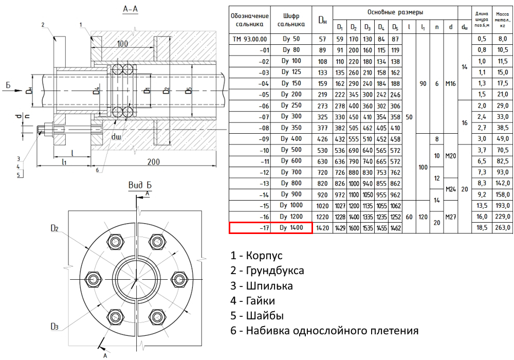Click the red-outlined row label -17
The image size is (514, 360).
tap(250, 227)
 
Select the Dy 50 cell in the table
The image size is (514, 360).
tap(291, 39)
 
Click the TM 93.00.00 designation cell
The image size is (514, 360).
tap(250, 39)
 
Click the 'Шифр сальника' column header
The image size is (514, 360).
tap(291, 20)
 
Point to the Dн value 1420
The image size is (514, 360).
tap(322, 227)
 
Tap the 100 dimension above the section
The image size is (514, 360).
tap(122, 44)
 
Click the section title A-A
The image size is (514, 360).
tap(129, 9)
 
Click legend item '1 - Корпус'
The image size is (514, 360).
tap(257, 256)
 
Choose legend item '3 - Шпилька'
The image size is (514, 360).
tap(262, 285)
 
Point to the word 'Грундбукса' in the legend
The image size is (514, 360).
tap(274, 271)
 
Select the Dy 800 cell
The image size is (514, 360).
tap(291, 183)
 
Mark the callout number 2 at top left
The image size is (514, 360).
tap(44, 24)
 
